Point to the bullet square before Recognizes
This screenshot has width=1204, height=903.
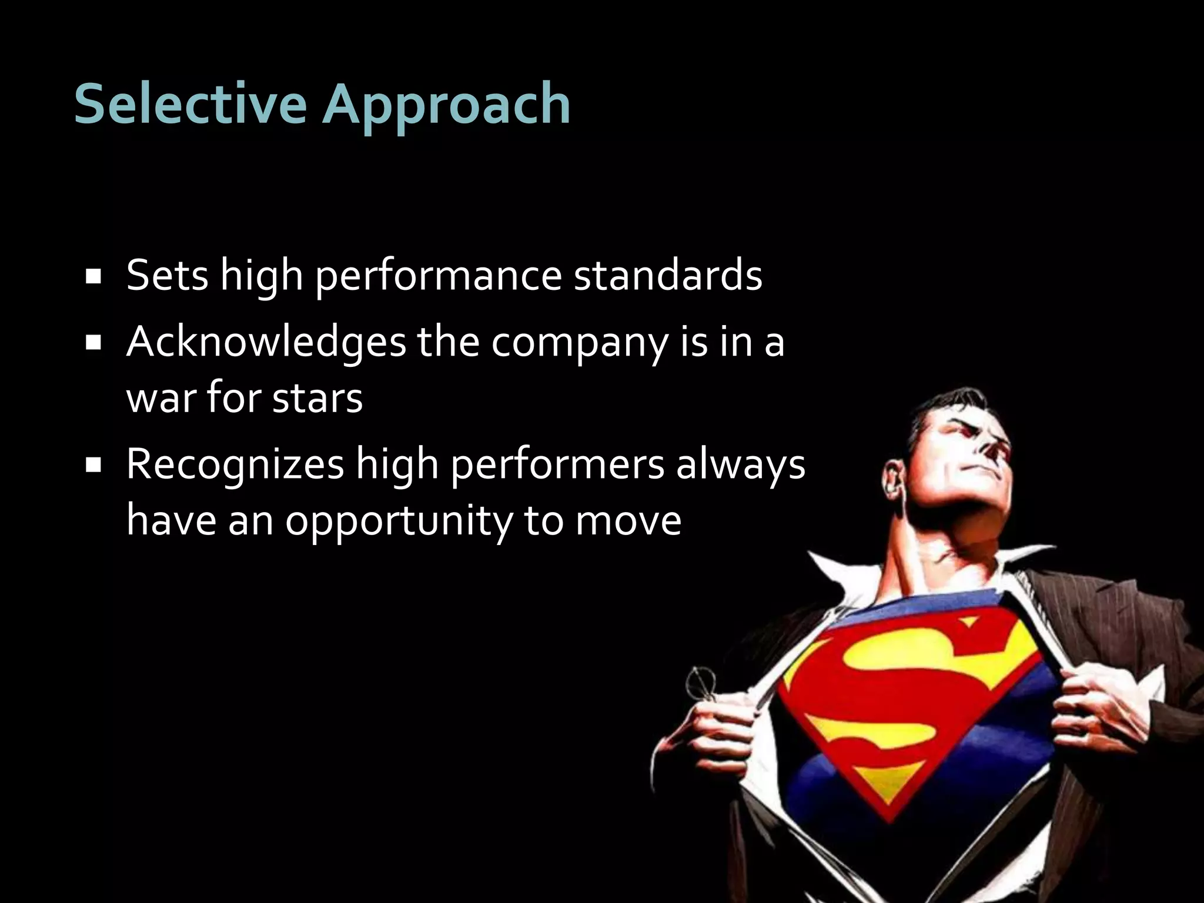coord(92,466)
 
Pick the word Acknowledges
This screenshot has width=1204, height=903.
coord(266,343)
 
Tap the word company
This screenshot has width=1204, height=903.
coord(578,344)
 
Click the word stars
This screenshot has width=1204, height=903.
coord(317,399)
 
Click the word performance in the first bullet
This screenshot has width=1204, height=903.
coord(439,276)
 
